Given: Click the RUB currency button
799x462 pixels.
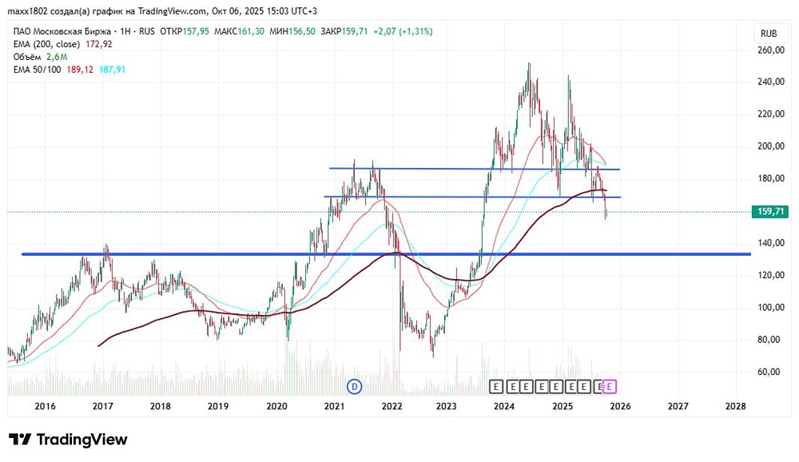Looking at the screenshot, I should pos(769,34).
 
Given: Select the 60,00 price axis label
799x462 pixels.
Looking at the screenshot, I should pos(772,372).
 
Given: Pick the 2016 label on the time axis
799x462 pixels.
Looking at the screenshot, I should pos(45,406).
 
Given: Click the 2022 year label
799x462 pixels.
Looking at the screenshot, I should pos(392,406).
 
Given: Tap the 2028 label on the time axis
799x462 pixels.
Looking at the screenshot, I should pos(735,406).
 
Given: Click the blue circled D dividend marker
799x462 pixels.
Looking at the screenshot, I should pos(355,387).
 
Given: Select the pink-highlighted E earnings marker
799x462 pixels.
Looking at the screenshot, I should pos(609,387).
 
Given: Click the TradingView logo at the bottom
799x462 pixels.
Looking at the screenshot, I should pos(68,440).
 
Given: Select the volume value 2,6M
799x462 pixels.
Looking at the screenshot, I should pos(57,57).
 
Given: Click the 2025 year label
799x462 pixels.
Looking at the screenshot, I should pos(563,406).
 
